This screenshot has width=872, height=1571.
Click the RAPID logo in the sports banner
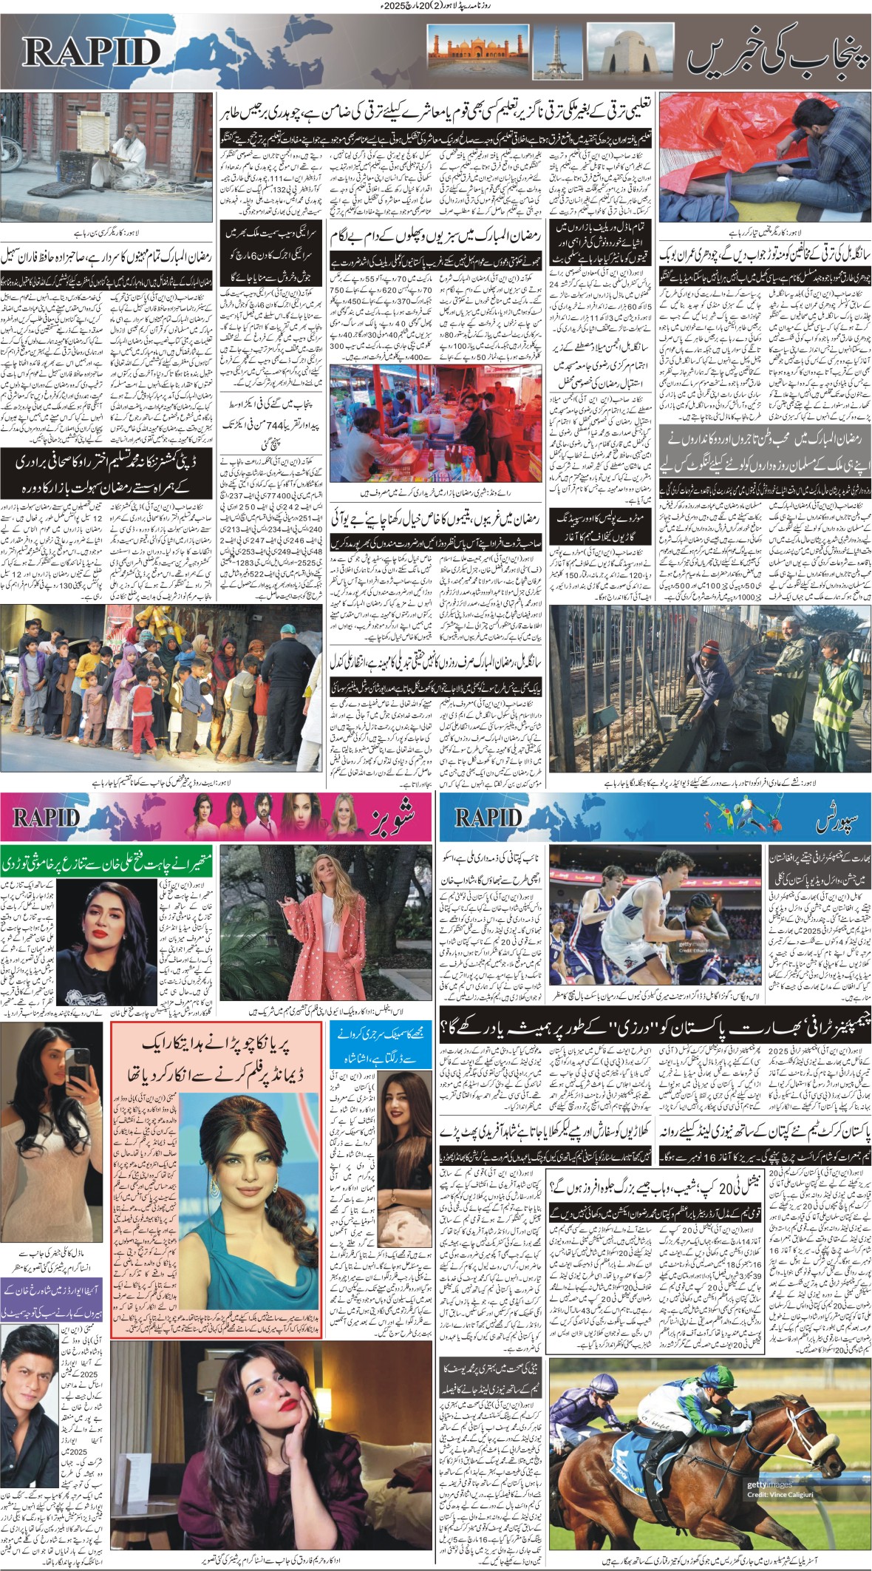tap(488, 817)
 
